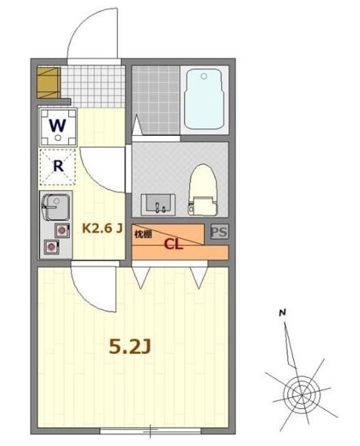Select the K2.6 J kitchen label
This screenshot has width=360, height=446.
pos(102,227)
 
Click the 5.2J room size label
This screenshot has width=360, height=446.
pos(130,346)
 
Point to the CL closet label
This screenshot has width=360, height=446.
pos(174,244)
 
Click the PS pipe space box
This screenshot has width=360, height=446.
pos(219,232)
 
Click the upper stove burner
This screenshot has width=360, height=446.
pos(62,229)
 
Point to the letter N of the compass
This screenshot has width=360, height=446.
pos(282,313)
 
